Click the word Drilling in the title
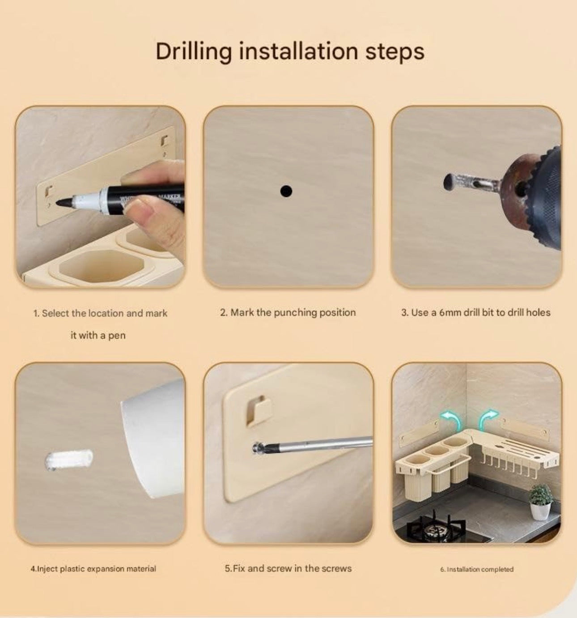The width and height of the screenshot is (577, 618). [x=194, y=52]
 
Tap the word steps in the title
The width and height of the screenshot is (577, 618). [x=395, y=51]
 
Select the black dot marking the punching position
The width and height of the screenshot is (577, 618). [x=286, y=191]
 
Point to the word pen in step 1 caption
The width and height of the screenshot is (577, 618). [x=117, y=336]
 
